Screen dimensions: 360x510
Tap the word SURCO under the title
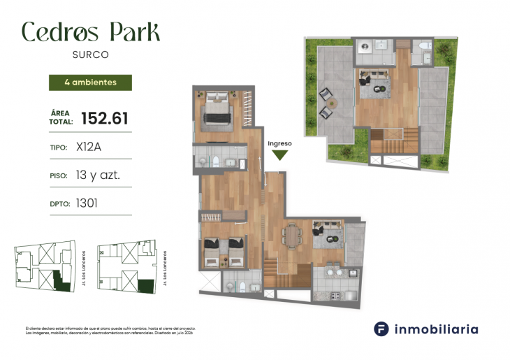coord(91,54)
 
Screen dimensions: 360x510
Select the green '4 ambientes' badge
coord(90,82)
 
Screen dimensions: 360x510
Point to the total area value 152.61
coord(105,118)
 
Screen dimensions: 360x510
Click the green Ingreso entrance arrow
coord(279,155)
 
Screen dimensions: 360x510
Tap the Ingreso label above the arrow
coord(279,143)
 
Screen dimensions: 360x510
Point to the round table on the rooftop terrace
coord(332,103)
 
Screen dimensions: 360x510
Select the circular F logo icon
coord(381,329)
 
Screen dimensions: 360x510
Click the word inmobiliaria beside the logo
coord(437,329)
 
